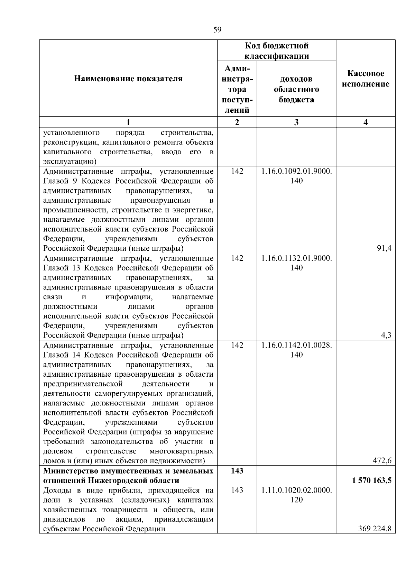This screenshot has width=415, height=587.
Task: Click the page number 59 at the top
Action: coord(217,30)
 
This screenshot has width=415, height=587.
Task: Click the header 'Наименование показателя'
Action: coord(128,79)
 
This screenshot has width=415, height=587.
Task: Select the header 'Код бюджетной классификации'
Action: coord(277,51)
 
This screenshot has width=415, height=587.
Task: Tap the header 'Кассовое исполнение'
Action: coord(366,79)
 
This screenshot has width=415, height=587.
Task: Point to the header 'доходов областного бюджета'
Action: coord(296,89)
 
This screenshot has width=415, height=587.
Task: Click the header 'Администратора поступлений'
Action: coord(237,89)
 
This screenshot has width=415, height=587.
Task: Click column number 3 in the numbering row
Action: coord(296,122)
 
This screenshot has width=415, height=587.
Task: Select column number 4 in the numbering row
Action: coord(366,122)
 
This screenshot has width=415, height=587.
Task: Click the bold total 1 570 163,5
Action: coord(372,480)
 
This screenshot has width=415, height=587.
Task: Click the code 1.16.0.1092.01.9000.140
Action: coord(296,176)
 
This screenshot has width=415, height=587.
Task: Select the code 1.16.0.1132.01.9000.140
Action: coord(296,263)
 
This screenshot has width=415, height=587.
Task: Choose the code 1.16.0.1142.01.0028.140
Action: coord(296,350)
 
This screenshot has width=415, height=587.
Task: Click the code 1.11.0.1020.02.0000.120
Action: coord(296,495)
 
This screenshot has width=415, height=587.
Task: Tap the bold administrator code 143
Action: coord(237,470)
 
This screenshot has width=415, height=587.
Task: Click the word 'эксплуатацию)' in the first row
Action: coord(70,162)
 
